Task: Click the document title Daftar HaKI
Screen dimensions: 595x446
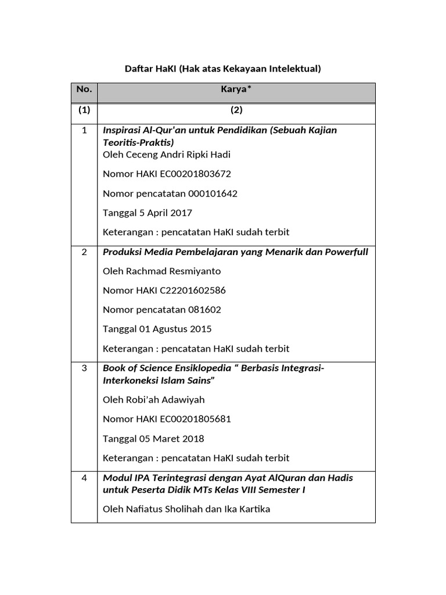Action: click(x=223, y=69)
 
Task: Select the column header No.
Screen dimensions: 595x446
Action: click(x=84, y=89)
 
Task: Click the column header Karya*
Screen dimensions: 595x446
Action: click(x=236, y=89)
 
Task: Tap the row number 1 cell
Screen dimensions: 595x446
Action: click(x=84, y=130)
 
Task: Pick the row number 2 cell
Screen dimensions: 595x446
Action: click(x=84, y=252)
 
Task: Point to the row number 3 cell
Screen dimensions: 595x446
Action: click(x=84, y=369)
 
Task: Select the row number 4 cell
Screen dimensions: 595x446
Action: click(x=84, y=478)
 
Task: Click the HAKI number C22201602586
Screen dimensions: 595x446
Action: click(x=189, y=291)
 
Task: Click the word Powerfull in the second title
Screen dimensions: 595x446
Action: click(x=346, y=252)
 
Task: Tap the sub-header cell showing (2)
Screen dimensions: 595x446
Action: click(x=236, y=110)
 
